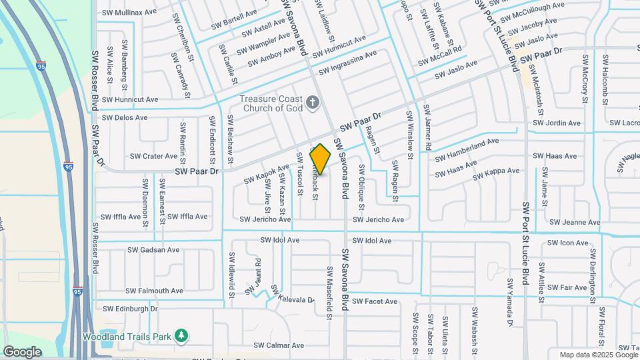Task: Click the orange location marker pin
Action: click(x=321, y=159)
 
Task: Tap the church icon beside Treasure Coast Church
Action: click(x=313, y=103)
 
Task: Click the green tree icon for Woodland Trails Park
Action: click(x=179, y=335)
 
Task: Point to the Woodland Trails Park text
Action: click(x=127, y=336)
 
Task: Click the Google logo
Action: click(x=22, y=351)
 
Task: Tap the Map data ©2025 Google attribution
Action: click(x=598, y=355)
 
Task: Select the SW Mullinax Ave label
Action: click(x=128, y=13)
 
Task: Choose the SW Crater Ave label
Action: click(x=153, y=157)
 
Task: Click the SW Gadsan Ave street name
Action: click(x=153, y=251)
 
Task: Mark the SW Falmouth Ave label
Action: click(x=154, y=291)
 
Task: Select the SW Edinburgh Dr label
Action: click(x=130, y=309)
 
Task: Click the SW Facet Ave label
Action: click(x=375, y=301)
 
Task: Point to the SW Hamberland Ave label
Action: click(x=467, y=149)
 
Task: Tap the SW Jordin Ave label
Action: click(x=557, y=123)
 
